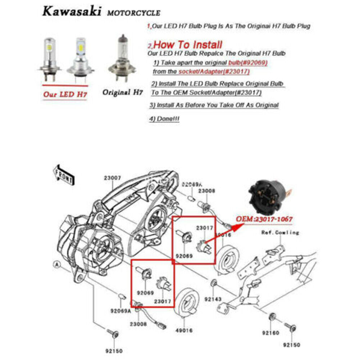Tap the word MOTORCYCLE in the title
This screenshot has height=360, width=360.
(133, 13)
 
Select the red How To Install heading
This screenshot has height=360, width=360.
(189, 45)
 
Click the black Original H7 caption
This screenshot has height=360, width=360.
(123, 92)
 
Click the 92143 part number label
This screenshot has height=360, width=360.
(213, 299)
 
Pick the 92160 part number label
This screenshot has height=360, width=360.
(272, 333)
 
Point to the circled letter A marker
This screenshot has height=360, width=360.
(56, 264)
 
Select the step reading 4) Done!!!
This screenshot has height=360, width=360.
(164, 119)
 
